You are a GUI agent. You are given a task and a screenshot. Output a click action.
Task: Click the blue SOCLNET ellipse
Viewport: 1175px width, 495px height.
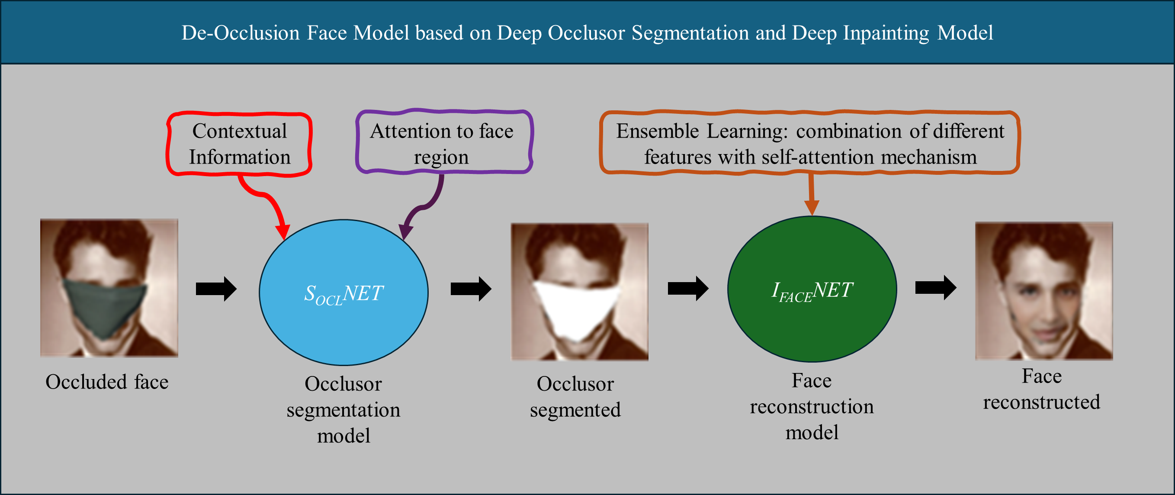[x=344, y=292]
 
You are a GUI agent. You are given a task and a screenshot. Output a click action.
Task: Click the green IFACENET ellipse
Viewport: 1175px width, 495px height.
[x=812, y=289]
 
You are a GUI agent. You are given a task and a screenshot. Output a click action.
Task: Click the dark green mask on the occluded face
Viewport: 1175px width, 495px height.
[x=104, y=307]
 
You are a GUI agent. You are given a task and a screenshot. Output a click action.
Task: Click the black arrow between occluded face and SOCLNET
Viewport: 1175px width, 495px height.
[x=216, y=289]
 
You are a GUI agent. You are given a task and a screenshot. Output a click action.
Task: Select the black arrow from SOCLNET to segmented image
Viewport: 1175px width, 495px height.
[x=471, y=289]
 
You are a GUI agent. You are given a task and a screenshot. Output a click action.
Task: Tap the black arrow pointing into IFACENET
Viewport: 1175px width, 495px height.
[x=688, y=288]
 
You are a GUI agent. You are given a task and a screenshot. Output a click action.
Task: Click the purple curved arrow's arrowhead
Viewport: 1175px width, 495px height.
[x=405, y=232]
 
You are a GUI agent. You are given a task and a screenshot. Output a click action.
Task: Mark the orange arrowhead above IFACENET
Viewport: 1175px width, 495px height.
[x=812, y=208]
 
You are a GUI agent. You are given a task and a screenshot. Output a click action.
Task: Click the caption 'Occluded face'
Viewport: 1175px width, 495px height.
[x=107, y=382]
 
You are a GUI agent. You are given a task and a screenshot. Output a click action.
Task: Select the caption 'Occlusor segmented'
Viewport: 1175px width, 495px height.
[x=575, y=396]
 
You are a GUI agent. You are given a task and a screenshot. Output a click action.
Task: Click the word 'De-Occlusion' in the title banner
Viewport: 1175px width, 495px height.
[x=241, y=33]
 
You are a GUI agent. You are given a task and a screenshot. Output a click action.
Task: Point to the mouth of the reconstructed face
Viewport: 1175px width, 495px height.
[x=1047, y=332]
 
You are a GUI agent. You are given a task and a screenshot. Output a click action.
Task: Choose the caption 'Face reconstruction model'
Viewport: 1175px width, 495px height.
[x=812, y=406]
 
